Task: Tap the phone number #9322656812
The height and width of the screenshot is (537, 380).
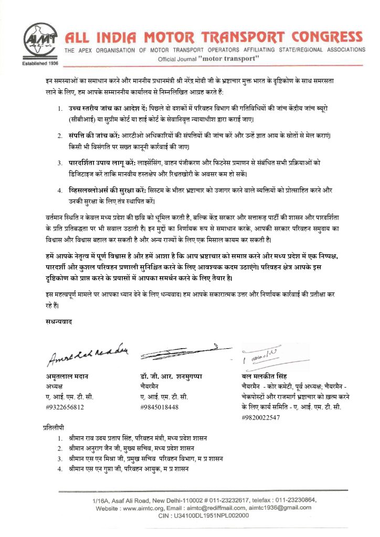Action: click(65, 406)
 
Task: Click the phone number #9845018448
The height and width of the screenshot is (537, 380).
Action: click(160, 406)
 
